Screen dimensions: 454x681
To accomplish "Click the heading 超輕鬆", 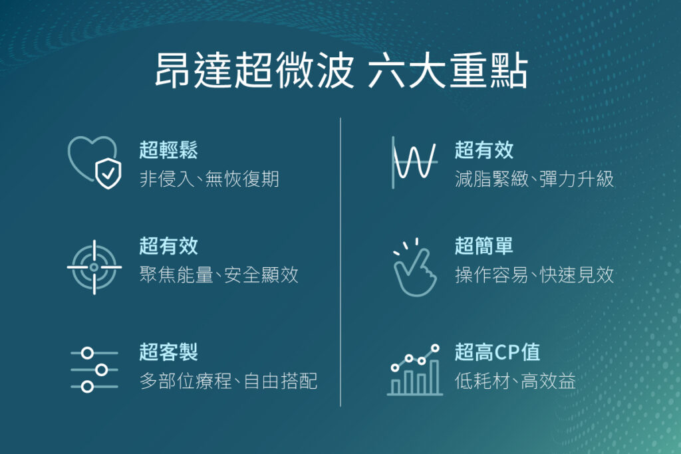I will point(168,151).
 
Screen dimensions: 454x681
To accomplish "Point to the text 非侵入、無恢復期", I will point(209,179).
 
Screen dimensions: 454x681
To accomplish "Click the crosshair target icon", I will point(94,267).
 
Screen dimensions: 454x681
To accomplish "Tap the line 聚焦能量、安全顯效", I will point(219,275).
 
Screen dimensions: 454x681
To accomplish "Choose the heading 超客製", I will point(168,352).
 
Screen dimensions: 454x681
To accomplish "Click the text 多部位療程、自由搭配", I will point(228,381).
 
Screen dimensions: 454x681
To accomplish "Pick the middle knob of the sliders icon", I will point(101,370).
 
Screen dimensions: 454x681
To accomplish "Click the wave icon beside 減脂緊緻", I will point(414,162).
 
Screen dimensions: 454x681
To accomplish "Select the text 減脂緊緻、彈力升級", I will point(534,179).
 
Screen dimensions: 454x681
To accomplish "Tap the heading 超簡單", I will point(484,247).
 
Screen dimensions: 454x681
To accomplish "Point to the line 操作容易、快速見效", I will point(534,275).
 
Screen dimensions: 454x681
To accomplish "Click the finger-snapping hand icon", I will point(414,267).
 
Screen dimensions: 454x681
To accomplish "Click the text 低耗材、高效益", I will point(515,381).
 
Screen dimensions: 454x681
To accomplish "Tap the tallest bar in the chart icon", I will point(434,377).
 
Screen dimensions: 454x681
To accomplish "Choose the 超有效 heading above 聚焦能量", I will point(168,247).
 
